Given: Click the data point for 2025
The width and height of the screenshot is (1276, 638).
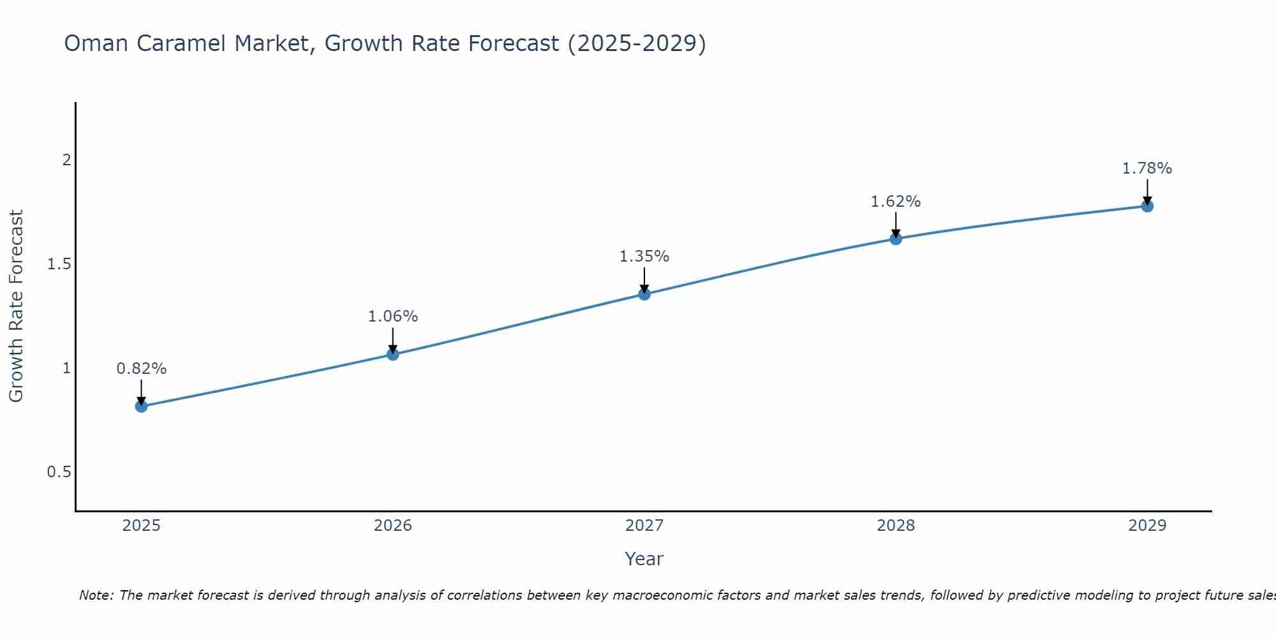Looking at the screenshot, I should [141, 406].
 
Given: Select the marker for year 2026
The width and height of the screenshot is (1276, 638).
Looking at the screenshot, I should [392, 354].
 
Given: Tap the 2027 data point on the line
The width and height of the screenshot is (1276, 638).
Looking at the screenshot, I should [644, 294].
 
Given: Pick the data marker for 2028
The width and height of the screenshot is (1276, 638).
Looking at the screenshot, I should [896, 239].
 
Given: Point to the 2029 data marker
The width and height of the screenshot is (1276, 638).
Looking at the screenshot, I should [1147, 206].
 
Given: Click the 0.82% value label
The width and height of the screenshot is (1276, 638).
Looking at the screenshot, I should [141, 369].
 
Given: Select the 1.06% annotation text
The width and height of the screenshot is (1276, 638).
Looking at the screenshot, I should [392, 316].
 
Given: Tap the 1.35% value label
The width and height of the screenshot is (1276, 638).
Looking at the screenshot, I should [644, 256].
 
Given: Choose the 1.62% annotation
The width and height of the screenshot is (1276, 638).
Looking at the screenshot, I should [896, 202].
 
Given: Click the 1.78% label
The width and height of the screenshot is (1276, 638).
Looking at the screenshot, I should [1147, 168].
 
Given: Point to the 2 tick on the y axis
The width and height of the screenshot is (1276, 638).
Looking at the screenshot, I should [66, 160].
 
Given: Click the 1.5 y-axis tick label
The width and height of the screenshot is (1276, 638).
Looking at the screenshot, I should [59, 264].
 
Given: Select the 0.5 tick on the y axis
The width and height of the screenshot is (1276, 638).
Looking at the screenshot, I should [59, 472].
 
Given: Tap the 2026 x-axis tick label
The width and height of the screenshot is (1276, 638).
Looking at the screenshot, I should [392, 526].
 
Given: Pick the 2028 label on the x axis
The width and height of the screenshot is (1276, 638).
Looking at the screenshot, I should [896, 526].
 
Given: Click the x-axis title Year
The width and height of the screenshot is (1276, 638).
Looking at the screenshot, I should [644, 559].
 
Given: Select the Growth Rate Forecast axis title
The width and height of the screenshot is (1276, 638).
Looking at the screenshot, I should [16, 306].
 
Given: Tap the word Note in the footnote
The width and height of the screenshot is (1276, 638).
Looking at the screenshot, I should [96, 595].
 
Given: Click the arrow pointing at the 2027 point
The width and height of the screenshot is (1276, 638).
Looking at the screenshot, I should [644, 279].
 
